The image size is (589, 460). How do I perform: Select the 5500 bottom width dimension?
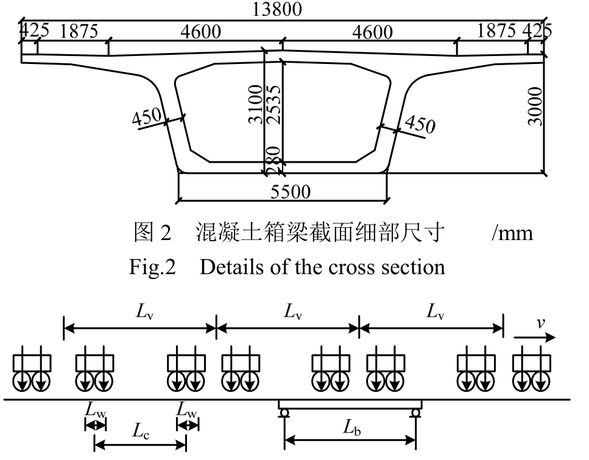pyautogui.click(x=291, y=193)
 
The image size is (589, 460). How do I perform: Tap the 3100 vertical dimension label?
pyautogui.click(x=255, y=104)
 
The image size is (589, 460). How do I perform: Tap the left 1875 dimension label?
pyautogui.click(x=78, y=32)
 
